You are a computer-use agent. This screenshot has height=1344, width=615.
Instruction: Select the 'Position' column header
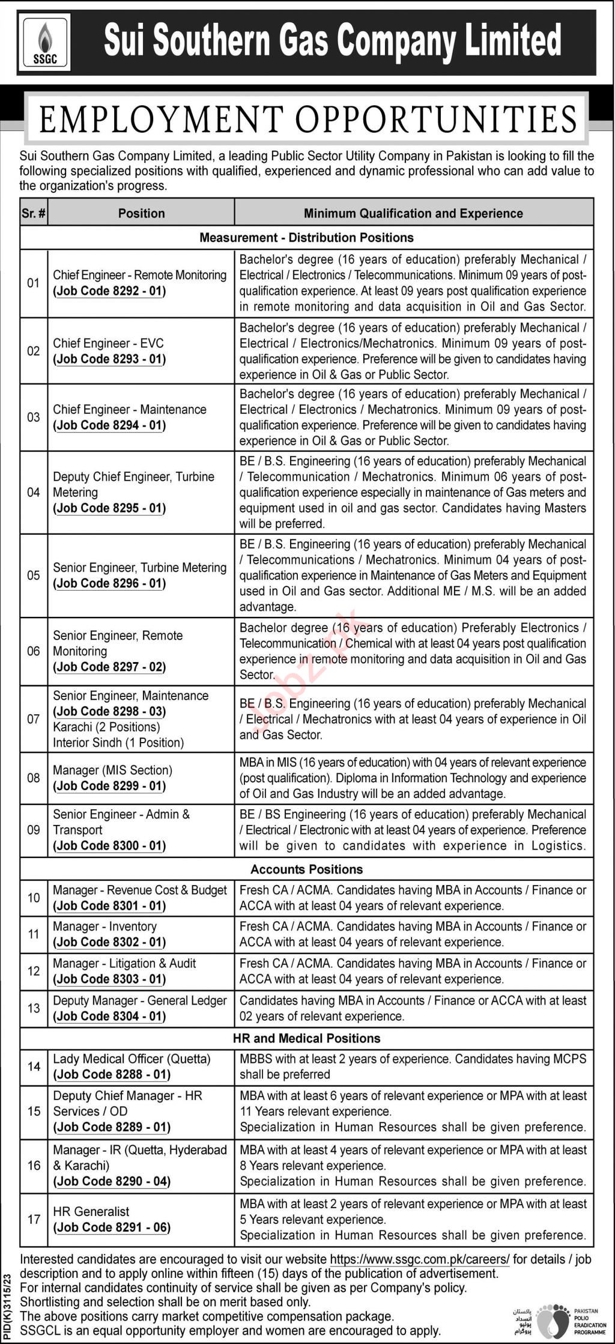[141, 213]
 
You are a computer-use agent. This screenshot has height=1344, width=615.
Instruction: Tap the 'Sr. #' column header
[34, 213]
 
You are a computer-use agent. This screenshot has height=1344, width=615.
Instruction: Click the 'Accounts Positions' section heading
[306, 869]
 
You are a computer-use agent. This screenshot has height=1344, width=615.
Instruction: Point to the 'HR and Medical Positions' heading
[306, 1038]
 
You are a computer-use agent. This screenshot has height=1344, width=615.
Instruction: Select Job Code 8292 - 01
[109, 291]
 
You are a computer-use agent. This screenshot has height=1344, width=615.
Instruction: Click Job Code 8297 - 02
[109, 667]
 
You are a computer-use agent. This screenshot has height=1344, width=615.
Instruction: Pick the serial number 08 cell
[34, 778]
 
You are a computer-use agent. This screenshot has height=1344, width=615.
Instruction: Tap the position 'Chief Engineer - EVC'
[108, 343]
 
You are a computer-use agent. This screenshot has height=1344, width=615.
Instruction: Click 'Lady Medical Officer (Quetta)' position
[132, 1059]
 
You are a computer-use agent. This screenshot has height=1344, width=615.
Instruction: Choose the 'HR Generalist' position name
[91, 1211]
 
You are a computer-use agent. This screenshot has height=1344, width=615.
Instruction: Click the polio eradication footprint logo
[551, 1321]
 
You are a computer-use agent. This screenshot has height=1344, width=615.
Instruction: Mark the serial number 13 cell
[34, 1008]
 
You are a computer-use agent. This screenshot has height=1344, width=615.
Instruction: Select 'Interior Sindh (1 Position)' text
[118, 743]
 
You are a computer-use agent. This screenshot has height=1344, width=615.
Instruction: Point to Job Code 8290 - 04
[112, 1181]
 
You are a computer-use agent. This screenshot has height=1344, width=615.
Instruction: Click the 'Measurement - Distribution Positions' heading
[306, 237]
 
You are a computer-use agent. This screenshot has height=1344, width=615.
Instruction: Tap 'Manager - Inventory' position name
[105, 926]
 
